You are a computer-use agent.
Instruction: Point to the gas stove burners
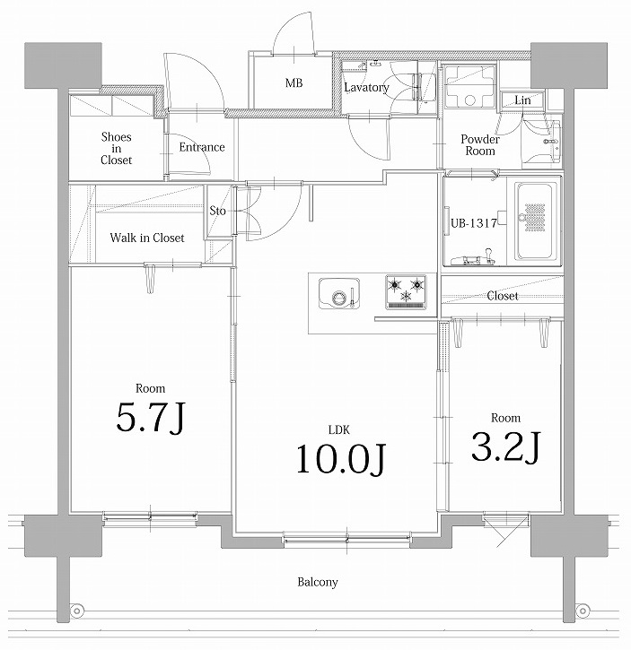tap(404, 290)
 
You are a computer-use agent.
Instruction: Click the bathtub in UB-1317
tap(535, 220)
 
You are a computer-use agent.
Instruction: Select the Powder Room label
tap(479, 145)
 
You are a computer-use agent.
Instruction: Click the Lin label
tap(522, 100)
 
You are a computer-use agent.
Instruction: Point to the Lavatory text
tap(366, 88)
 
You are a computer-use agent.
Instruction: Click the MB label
tap(294, 83)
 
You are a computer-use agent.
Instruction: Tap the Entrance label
tap(201, 147)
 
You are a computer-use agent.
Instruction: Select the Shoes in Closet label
tap(116, 148)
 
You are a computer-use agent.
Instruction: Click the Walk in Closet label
tap(146, 238)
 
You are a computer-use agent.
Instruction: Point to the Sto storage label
tap(218, 212)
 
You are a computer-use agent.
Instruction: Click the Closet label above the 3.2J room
tap(502, 296)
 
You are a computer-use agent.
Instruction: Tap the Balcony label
tap(318, 583)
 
